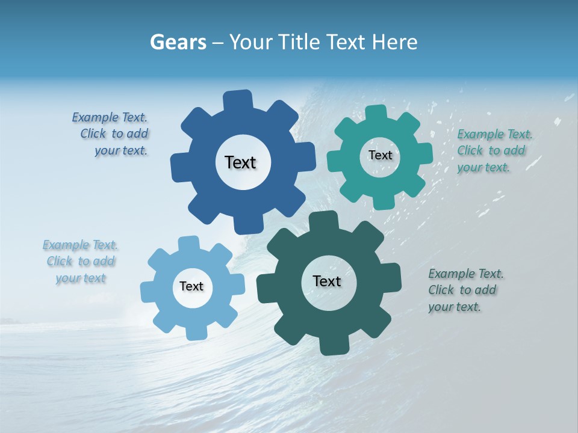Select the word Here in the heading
tap(395, 42)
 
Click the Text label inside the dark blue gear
tap(240, 162)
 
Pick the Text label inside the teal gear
tap(380, 155)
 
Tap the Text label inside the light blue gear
tap(191, 286)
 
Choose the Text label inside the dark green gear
tap(327, 281)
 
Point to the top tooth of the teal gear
tap(376, 113)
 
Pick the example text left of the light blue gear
tap(81, 261)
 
